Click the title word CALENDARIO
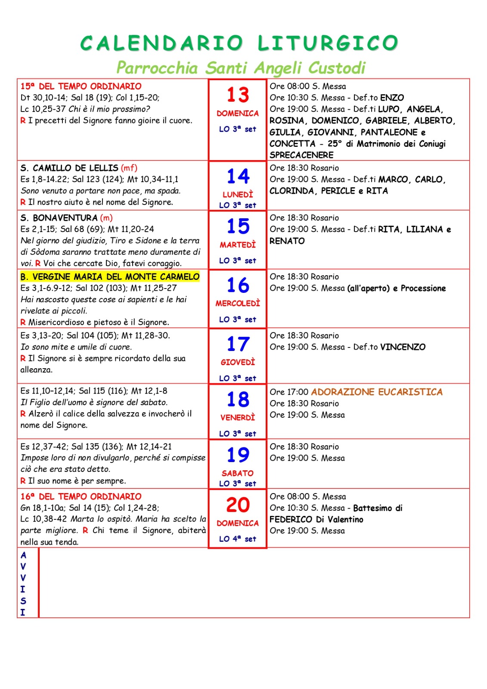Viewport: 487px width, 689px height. click(x=162, y=43)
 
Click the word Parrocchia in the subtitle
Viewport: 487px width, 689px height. click(x=157, y=68)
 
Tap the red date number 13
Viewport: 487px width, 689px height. click(x=238, y=95)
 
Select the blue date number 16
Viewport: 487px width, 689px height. click(x=238, y=286)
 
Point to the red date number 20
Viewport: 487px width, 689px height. click(x=238, y=505)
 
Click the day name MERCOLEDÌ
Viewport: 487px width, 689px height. click(x=238, y=304)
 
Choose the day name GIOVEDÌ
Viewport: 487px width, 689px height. click(x=238, y=363)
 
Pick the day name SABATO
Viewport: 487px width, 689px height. click(x=238, y=473)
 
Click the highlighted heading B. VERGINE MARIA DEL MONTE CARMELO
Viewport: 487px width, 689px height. click(x=110, y=276)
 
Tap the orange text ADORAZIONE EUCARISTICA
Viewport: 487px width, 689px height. click(x=377, y=392)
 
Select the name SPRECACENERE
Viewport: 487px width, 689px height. click(x=301, y=155)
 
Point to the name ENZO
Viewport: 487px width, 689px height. click(x=392, y=98)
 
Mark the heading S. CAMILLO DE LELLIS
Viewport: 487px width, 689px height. click(x=69, y=168)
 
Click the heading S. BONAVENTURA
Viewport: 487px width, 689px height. click(x=59, y=218)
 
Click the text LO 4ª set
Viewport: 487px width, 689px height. click(x=238, y=539)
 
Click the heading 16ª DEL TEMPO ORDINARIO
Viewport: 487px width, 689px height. click(x=81, y=497)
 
